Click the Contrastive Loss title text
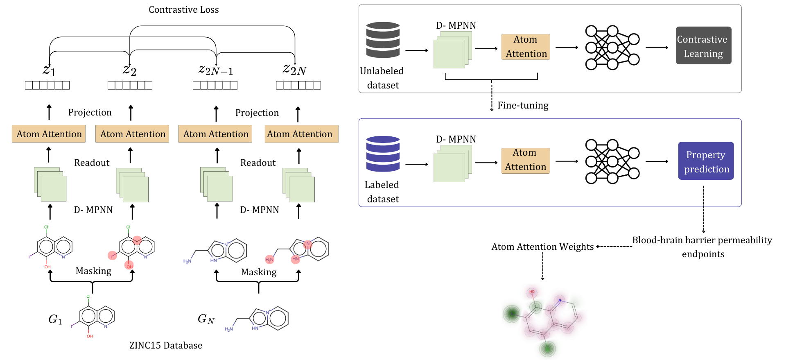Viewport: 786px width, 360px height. [x=183, y=9]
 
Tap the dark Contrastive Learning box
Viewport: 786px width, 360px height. [x=703, y=46]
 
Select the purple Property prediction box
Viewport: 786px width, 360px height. [x=706, y=161]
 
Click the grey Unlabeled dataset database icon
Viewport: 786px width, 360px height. [x=383, y=40]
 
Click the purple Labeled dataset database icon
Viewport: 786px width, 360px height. [x=383, y=154]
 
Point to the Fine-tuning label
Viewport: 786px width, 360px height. [x=523, y=105]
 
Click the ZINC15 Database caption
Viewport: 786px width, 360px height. [x=165, y=345]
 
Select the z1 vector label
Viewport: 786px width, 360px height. [x=49, y=70]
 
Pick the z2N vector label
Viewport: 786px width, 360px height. [x=295, y=70]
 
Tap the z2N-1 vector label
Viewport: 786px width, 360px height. [x=216, y=70]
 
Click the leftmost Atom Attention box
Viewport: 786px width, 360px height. [x=49, y=134]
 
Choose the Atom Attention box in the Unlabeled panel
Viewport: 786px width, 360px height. [x=526, y=47]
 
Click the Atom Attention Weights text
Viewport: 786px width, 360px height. [x=542, y=247]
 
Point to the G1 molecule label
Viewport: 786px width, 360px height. [x=55, y=319]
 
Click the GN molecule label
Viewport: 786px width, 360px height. [x=206, y=319]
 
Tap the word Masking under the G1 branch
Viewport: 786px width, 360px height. [x=93, y=271]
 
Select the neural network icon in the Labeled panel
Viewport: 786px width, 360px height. [x=612, y=161]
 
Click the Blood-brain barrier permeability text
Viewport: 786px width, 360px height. [x=702, y=240]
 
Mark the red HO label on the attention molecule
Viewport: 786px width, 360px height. [x=532, y=292]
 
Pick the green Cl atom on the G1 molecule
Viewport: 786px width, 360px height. [x=88, y=296]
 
